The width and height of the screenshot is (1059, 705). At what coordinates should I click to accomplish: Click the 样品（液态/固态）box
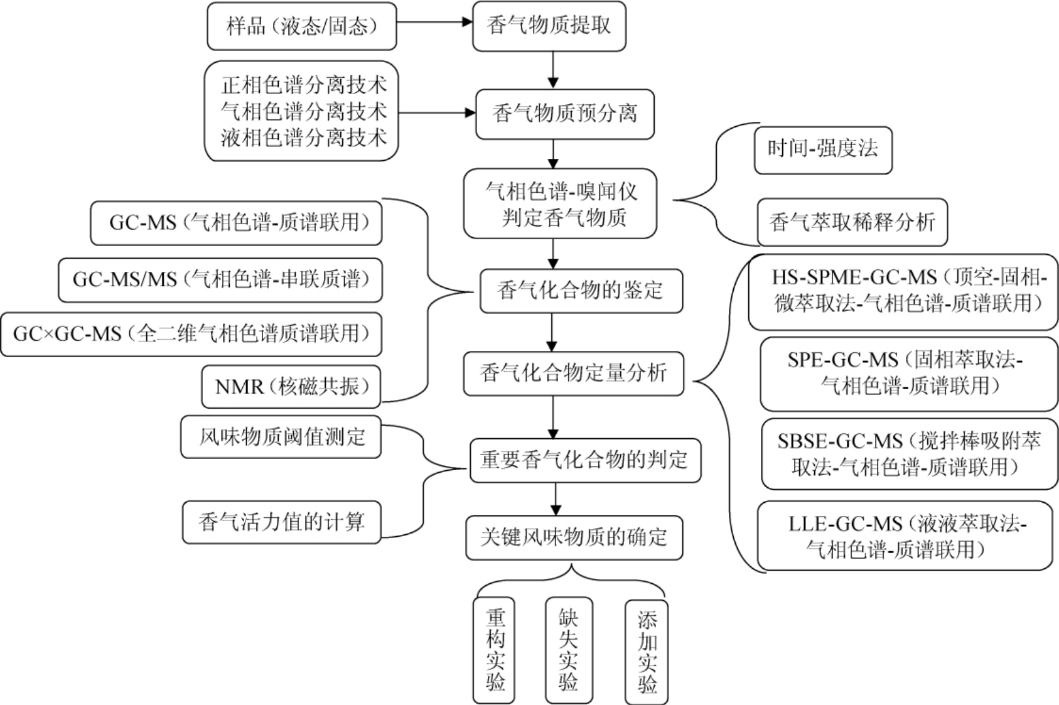coord(302,26)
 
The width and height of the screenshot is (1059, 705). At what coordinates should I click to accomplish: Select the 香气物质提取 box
coord(549,26)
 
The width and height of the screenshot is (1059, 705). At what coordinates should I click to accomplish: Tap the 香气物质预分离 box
coord(564,114)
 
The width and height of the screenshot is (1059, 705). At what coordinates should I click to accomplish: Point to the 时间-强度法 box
coord(822,150)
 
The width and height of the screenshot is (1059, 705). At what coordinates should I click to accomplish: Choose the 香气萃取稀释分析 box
coord(852,222)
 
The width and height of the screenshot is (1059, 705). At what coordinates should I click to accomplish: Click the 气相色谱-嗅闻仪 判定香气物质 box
coord(560,203)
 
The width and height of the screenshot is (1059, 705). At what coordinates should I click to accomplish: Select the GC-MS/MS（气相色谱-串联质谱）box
coord(220,279)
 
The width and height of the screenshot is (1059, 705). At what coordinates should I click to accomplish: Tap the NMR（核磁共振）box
coord(291,387)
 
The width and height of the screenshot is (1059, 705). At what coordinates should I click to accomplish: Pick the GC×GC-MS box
coord(191,334)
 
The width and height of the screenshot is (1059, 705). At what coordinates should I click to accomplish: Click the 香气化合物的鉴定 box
coord(581,291)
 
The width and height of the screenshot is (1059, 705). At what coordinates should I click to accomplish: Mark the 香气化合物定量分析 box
coord(573,374)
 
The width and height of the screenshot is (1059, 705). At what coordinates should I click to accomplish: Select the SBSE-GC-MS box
coord(910,454)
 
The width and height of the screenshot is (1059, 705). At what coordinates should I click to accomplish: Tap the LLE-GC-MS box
coord(905,535)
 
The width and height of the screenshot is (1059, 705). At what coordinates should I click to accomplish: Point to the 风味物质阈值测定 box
coord(281,437)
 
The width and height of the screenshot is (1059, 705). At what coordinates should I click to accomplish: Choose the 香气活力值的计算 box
coord(281,522)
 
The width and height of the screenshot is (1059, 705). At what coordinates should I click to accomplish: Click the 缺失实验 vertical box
coord(569,650)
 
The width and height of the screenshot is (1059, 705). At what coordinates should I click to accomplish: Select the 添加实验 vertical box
coord(647,652)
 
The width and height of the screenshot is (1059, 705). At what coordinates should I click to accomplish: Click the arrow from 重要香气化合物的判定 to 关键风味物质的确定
coord(554,499)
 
